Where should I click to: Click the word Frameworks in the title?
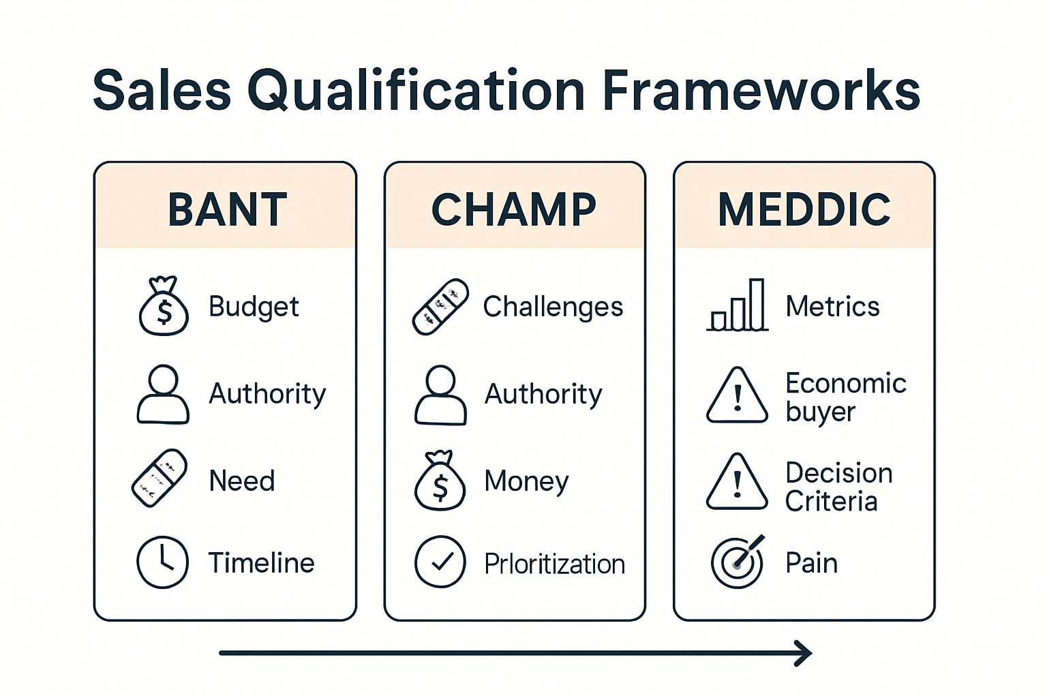tap(761, 91)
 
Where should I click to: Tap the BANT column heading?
tap(227, 209)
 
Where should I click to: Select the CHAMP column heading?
tap(514, 209)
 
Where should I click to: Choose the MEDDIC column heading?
tap(804, 209)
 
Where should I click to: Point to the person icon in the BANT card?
tap(163, 394)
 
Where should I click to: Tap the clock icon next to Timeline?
tap(162, 562)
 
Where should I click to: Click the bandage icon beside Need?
tap(160, 478)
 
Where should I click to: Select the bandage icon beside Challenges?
tap(440, 307)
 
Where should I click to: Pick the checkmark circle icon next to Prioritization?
tap(440, 562)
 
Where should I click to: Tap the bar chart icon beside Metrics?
tap(738, 306)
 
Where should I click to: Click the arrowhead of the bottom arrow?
tap(804, 653)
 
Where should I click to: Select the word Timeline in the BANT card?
tap(261, 563)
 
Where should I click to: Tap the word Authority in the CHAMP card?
tap(543, 394)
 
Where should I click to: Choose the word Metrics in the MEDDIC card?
tap(832, 307)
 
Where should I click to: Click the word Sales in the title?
tap(162, 91)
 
